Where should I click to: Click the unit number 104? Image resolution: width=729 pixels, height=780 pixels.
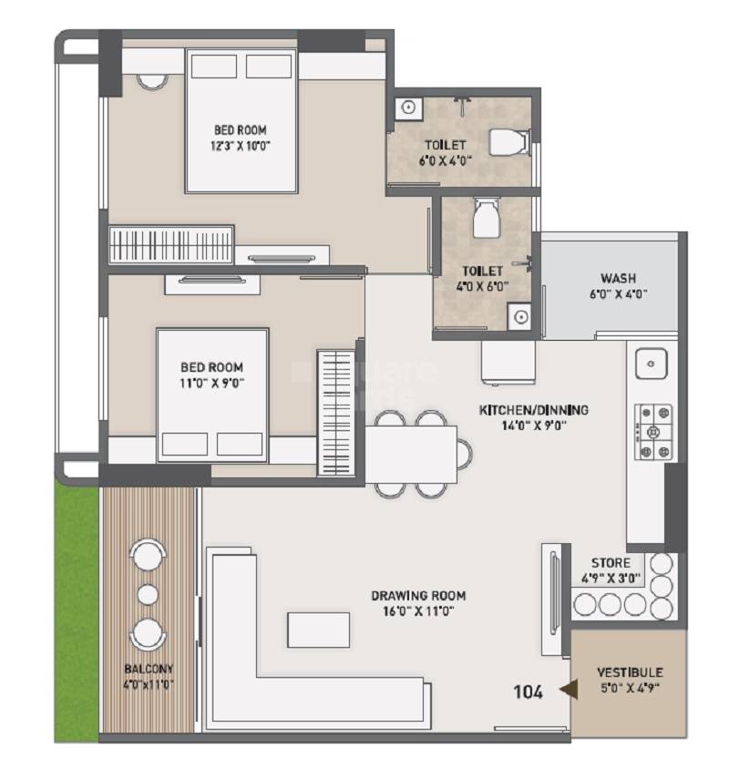point(528,693)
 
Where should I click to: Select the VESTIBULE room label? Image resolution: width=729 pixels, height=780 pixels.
point(629,672)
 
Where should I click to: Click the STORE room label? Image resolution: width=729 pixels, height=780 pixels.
point(611,563)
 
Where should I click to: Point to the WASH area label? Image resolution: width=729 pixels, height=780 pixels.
point(618,278)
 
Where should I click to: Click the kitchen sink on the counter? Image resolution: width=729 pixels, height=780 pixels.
point(652,364)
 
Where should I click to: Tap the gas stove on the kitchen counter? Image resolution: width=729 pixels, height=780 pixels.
point(652,431)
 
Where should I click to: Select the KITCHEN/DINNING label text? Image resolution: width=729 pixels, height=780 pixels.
point(534,410)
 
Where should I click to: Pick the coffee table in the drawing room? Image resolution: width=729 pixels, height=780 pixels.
point(318,630)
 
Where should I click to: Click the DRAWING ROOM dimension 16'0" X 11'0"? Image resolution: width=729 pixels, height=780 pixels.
point(413,611)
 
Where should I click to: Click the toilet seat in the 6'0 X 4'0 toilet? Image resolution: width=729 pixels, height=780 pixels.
point(508,143)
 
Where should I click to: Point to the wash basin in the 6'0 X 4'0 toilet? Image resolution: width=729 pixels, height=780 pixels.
point(408,108)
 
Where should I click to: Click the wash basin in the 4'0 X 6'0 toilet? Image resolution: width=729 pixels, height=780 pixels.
point(519,317)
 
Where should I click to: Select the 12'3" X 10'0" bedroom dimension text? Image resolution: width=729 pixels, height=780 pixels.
point(241,145)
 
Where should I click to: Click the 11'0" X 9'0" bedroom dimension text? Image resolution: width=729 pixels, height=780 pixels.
point(211,383)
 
